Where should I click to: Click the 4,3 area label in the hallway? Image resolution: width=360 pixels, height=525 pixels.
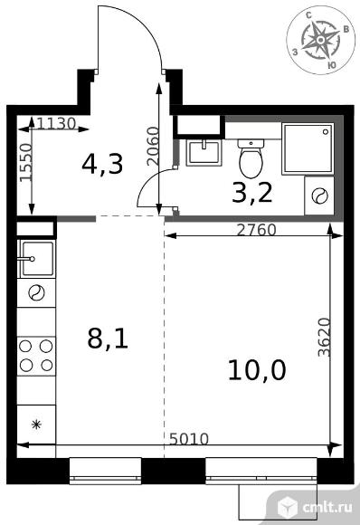pyautogui.click(x=103, y=164)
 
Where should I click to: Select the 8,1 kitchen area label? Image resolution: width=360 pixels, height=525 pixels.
pyautogui.click(x=108, y=339)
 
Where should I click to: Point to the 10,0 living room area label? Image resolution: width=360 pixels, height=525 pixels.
pyautogui.click(x=257, y=370)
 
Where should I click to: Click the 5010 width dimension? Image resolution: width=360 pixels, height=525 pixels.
pyautogui.click(x=189, y=439)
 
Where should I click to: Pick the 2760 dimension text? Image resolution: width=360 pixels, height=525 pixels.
pyautogui.click(x=257, y=230)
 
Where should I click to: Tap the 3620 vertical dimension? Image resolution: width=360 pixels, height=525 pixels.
pyautogui.click(x=325, y=337)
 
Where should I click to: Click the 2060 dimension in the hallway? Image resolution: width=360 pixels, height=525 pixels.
pyautogui.click(x=153, y=146)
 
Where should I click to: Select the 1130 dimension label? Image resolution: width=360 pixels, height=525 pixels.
pyautogui.click(x=56, y=123)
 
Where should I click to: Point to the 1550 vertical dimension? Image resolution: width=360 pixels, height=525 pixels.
pyautogui.click(x=25, y=163)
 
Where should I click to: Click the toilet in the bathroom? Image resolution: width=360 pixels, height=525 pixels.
pyautogui.click(x=251, y=158)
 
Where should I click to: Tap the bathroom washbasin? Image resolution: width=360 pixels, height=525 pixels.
pyautogui.click(x=204, y=153)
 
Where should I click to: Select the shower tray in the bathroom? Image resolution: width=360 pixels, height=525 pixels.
pyautogui.click(x=308, y=148)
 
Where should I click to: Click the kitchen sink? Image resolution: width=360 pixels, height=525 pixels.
pyautogui.click(x=37, y=259)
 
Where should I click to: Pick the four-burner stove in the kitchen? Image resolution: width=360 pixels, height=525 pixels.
pyautogui.click(x=36, y=356)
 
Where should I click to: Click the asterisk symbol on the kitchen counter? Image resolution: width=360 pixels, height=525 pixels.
pyautogui.click(x=36, y=425)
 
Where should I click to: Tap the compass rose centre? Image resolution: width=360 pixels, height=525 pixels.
pyautogui.click(x=320, y=40)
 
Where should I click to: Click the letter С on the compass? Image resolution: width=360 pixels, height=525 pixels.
pyautogui.click(x=309, y=14)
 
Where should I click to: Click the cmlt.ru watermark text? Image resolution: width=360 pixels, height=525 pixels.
pyautogui.click(x=327, y=508)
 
